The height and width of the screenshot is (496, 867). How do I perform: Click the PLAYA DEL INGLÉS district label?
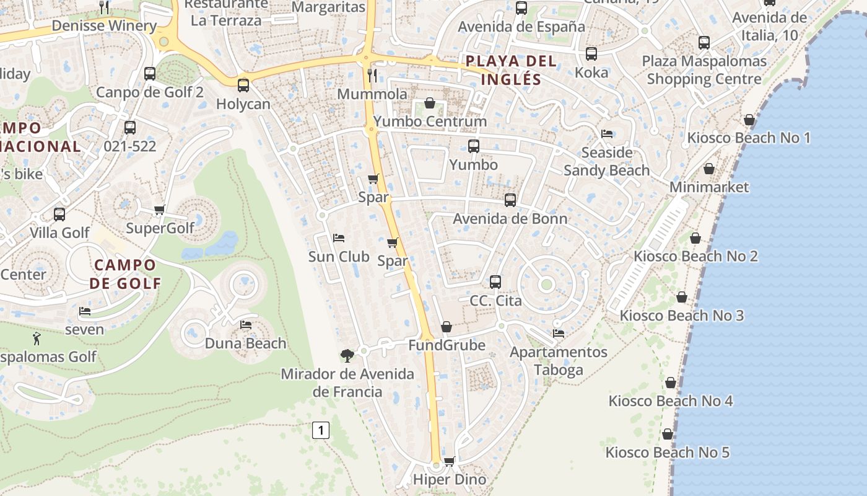pos(511,70)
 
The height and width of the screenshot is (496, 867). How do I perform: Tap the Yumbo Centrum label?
pos(430,121)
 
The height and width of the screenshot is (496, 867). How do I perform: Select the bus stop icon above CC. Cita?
pos(495,282)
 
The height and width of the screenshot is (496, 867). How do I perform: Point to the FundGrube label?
pos(447,345)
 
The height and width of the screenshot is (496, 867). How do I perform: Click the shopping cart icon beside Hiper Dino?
pos(450,461)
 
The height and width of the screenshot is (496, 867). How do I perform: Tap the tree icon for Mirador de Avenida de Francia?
pos(347,356)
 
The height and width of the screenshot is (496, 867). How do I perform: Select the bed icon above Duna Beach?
pos(246,325)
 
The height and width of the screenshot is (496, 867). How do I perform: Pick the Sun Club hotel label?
pos(339,257)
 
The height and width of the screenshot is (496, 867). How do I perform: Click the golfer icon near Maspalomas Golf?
pos(37,339)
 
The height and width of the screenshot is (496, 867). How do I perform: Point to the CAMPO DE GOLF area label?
pos(125,274)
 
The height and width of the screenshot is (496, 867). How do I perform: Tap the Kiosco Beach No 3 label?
pos(682,316)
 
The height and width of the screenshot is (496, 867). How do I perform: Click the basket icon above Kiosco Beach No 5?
pos(668,434)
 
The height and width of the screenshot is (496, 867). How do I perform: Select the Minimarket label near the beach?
pos(709,187)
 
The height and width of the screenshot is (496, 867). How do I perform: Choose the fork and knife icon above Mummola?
pos(372,76)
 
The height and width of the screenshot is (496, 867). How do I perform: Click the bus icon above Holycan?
pos(243,86)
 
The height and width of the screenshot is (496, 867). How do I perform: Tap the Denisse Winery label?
pos(104,25)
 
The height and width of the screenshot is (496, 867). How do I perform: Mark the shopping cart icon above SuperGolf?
pos(160,210)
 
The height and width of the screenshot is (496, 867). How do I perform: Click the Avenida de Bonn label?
pos(510,219)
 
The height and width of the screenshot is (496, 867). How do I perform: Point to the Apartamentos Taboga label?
pos(559,361)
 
